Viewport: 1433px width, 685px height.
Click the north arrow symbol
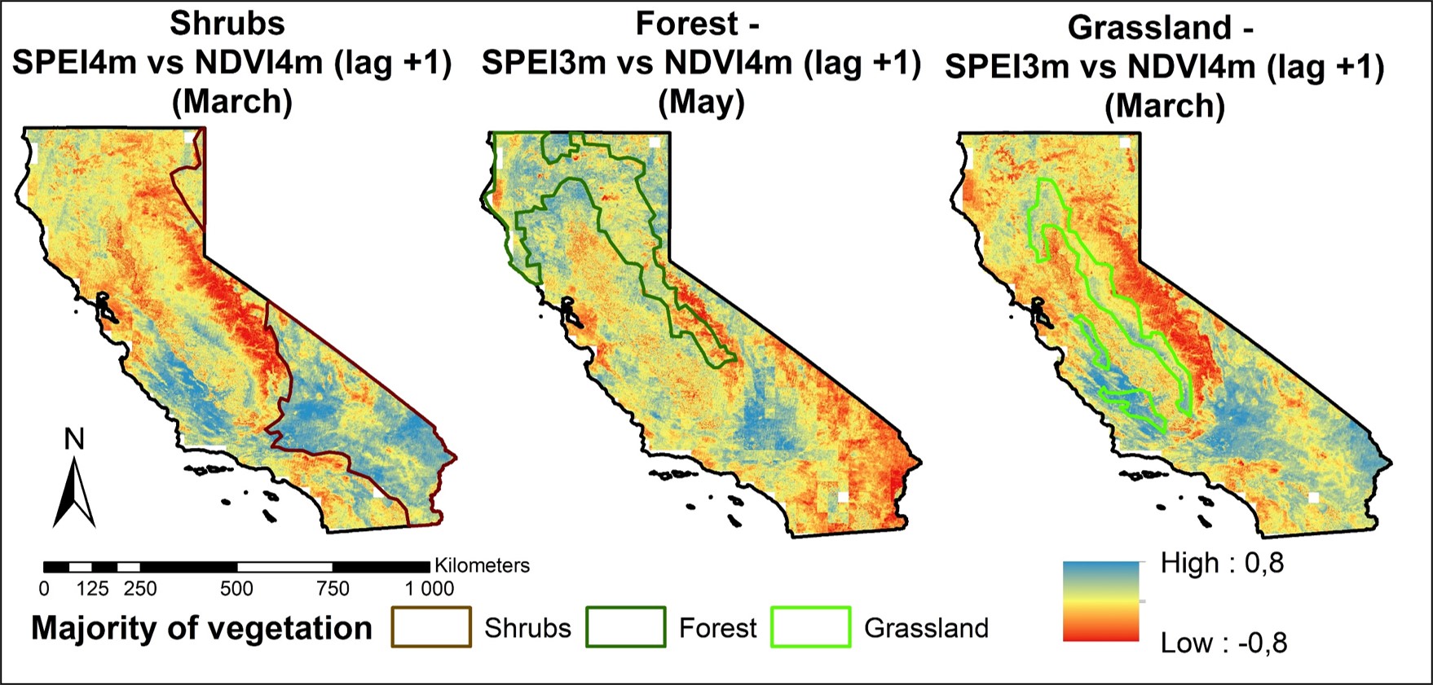[x=74, y=493]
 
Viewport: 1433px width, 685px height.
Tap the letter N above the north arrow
[x=74, y=440]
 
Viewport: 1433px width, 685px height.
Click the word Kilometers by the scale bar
[x=482, y=565]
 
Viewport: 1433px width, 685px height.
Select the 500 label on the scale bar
[x=236, y=589]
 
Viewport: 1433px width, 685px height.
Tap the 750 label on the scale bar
[x=333, y=589]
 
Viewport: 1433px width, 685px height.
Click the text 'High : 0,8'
[x=1222, y=563]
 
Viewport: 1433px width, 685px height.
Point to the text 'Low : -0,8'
[x=1224, y=643]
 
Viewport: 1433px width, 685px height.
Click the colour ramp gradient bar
[x=1100, y=601]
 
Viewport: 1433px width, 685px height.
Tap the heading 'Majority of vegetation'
[x=201, y=628]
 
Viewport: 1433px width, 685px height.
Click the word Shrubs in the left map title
[x=227, y=23]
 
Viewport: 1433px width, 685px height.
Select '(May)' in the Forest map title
[x=701, y=102]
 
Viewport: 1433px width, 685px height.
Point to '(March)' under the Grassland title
[x=1165, y=106]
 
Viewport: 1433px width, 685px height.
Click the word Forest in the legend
[x=717, y=628]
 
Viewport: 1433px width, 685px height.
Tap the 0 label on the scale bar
[x=44, y=589]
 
